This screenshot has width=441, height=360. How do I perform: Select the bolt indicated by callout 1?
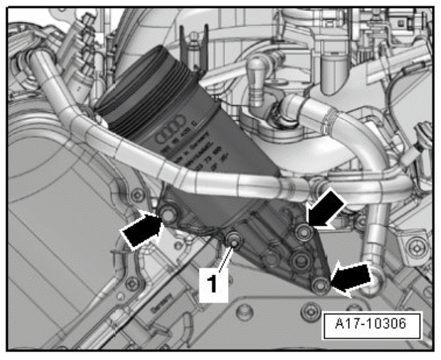point(233,240)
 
